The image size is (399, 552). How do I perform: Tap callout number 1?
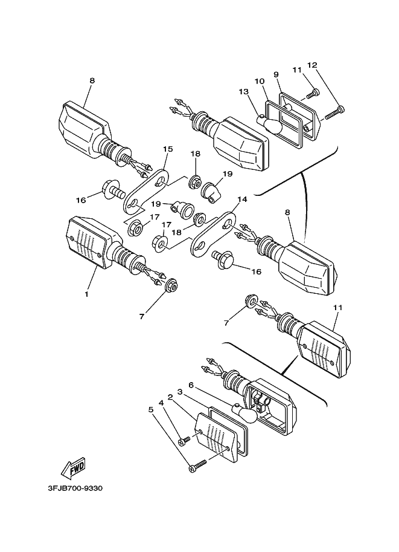coord(86,294)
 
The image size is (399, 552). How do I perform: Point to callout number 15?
coord(167,149)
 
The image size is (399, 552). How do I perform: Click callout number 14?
coord(243,199)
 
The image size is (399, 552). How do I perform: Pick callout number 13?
coord(244,91)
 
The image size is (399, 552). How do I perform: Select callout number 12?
coord(311,65)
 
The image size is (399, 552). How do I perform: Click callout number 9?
coord(276,74)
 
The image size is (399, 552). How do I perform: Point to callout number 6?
coord(190,385)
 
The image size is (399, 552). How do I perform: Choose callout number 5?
coord(152,409)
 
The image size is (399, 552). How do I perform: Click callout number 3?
coord(180,391)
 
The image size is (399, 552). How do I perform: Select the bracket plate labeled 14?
coord(214,233)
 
